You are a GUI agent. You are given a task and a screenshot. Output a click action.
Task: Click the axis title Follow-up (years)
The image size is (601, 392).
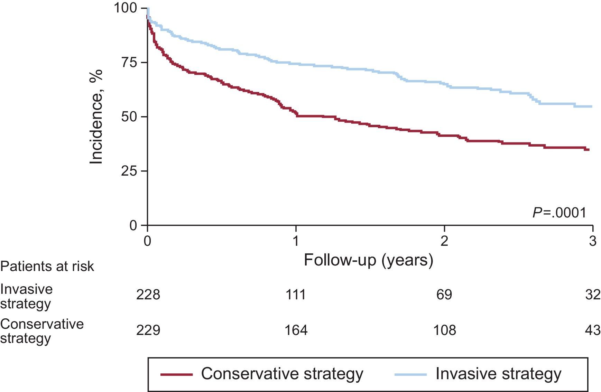(x=368, y=260)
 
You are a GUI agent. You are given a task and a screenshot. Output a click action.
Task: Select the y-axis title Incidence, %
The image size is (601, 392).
(x=96, y=117)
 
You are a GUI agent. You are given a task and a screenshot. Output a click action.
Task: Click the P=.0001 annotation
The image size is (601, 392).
(x=560, y=213)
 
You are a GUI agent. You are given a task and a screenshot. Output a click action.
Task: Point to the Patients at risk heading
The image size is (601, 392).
(x=47, y=266)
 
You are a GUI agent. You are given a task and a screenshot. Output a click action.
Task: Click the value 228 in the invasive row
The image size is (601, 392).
(x=148, y=295)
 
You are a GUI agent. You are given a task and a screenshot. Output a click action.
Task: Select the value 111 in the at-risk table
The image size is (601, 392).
(x=296, y=295)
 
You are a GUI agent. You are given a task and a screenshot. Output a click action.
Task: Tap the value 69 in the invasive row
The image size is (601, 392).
(x=444, y=295)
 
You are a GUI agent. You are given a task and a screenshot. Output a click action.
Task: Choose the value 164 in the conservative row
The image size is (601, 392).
(x=296, y=330)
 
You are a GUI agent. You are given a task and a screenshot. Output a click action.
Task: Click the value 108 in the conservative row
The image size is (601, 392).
(x=444, y=330)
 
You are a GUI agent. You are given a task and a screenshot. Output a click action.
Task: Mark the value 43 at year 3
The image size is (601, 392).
(x=593, y=330)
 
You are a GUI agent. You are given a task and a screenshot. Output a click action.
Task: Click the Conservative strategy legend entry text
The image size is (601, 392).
(x=282, y=374)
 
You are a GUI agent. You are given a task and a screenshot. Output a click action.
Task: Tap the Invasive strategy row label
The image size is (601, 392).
(x=26, y=296)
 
